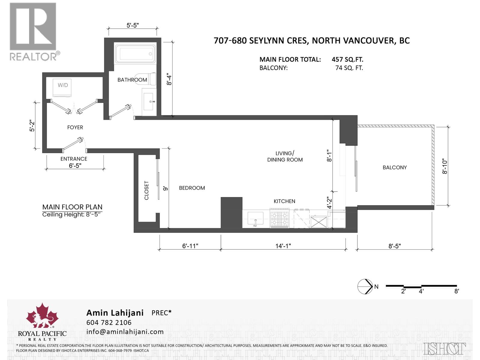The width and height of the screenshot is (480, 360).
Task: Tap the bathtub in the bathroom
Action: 135,54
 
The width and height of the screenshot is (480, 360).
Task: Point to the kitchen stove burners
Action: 279,218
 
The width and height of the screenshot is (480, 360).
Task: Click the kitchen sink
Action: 255,218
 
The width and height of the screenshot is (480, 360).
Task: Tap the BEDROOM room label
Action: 192,188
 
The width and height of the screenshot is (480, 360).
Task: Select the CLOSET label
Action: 147,190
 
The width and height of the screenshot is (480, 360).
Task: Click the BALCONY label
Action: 394,167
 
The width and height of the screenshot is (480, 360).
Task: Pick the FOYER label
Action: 75,127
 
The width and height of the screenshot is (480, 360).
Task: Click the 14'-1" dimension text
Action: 283,246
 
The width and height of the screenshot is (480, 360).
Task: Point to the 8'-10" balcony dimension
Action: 445,166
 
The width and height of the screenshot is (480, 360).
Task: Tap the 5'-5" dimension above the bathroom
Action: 133,25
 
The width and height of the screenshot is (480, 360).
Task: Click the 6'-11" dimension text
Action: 190,246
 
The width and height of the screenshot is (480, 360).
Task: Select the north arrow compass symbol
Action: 365,286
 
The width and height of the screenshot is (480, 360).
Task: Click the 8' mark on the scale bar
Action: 457,291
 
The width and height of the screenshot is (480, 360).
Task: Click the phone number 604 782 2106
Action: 109,322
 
